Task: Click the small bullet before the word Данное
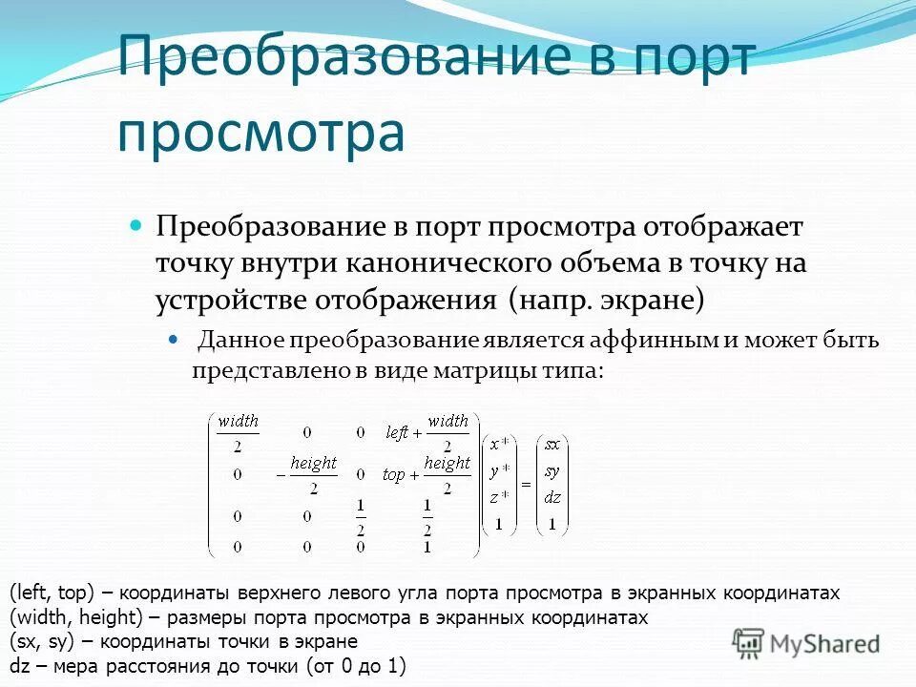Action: pyautogui.click(x=174, y=340)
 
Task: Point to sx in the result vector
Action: pyautogui.click(x=552, y=444)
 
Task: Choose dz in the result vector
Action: pyautogui.click(x=552, y=496)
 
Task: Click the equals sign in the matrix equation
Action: pyautogui.click(x=525, y=484)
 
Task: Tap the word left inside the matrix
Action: pyautogui.click(x=397, y=432)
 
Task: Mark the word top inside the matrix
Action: pyautogui.click(x=393, y=475)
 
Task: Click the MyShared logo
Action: pyautogui.click(x=806, y=643)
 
